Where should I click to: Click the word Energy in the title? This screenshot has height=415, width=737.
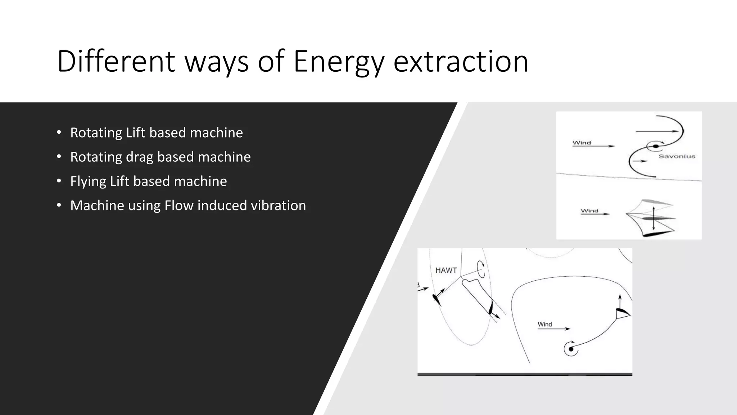[338, 62]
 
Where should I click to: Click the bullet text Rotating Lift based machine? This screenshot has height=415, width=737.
[156, 133]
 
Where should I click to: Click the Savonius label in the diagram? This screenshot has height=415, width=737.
[677, 156]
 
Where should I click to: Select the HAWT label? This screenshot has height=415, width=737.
[446, 270]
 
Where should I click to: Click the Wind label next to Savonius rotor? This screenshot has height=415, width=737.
[582, 143]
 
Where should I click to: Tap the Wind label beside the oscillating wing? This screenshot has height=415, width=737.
[589, 211]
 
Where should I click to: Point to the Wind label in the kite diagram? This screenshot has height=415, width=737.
[544, 324]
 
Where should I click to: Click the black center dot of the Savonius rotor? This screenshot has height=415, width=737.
[656, 146]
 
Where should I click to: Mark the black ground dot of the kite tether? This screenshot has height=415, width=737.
[571, 349]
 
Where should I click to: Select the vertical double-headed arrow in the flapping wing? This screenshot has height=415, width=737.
[654, 218]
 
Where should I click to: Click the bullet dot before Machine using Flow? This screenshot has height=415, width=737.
[59, 205]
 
